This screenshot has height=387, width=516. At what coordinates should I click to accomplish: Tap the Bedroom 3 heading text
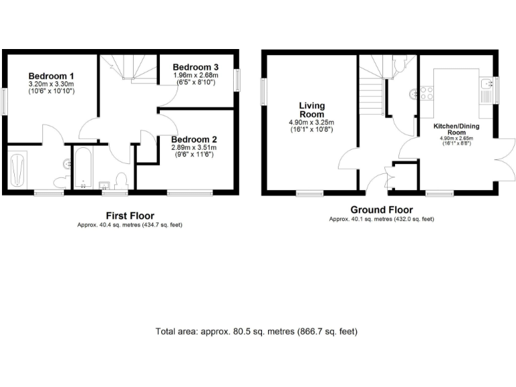coord(196,67)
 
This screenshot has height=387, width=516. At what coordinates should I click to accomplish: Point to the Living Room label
coord(311,110)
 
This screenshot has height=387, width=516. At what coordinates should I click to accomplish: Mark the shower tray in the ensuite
coord(18,169)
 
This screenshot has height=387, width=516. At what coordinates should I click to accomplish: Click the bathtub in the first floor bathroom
coord(82,167)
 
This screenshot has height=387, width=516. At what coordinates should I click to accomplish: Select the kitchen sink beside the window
coord(486,85)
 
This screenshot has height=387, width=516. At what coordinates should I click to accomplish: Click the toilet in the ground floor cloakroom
coord(400,64)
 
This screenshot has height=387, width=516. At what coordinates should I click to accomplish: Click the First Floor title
coord(130,216)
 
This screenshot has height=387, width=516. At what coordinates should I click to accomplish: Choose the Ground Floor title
coord(381,210)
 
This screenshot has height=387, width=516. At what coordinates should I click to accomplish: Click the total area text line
coord(256,331)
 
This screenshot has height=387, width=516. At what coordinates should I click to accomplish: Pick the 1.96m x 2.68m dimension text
coord(196,75)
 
